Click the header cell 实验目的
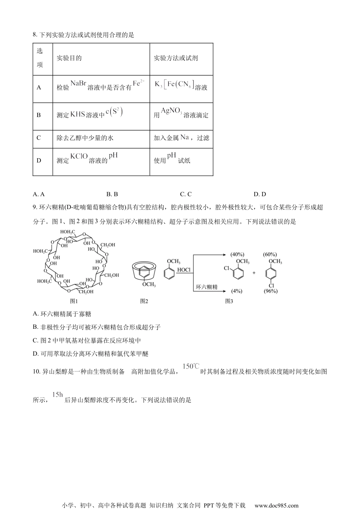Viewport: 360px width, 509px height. click(69, 58)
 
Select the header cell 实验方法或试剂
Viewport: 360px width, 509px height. click(175, 58)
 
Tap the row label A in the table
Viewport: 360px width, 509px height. click(39, 87)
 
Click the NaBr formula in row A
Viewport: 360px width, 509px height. click(78, 84)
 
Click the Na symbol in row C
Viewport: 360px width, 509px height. click(185, 137)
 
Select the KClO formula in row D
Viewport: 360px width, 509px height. click(79, 156)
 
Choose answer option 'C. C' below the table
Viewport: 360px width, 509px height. click(186, 194)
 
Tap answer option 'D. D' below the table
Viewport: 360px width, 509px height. click(260, 194)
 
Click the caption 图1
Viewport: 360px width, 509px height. click(74, 301)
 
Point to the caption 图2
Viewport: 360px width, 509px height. click(144, 301)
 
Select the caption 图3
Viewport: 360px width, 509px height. click(229, 301)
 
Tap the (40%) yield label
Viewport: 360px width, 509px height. click(237, 254)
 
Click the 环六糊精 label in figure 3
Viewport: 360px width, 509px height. click(207, 287)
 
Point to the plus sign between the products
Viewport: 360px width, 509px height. click(254, 273)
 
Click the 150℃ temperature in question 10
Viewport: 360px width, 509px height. click(191, 366)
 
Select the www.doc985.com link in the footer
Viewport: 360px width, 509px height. click(276, 505)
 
